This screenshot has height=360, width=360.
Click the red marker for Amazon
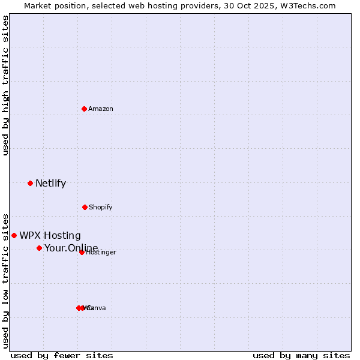(85, 109)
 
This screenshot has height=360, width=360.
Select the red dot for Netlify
(30, 183)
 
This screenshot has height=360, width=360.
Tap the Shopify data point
(85, 207)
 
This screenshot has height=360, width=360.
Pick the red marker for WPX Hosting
(14, 235)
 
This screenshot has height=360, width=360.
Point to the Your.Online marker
(39, 248)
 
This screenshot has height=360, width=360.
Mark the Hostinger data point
(82, 252)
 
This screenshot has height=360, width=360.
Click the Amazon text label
(101, 109)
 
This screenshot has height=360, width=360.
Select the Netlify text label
(50, 184)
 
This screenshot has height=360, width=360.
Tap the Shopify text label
(101, 207)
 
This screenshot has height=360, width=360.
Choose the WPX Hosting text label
(50, 236)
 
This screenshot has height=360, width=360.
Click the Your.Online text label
(71, 248)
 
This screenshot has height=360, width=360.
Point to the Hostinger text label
(101, 253)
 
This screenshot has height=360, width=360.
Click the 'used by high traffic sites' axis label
(5, 85)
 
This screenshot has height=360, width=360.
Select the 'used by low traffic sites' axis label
(5, 281)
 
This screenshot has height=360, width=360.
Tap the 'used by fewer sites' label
(62, 355)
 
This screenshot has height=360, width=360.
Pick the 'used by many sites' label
(301, 355)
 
